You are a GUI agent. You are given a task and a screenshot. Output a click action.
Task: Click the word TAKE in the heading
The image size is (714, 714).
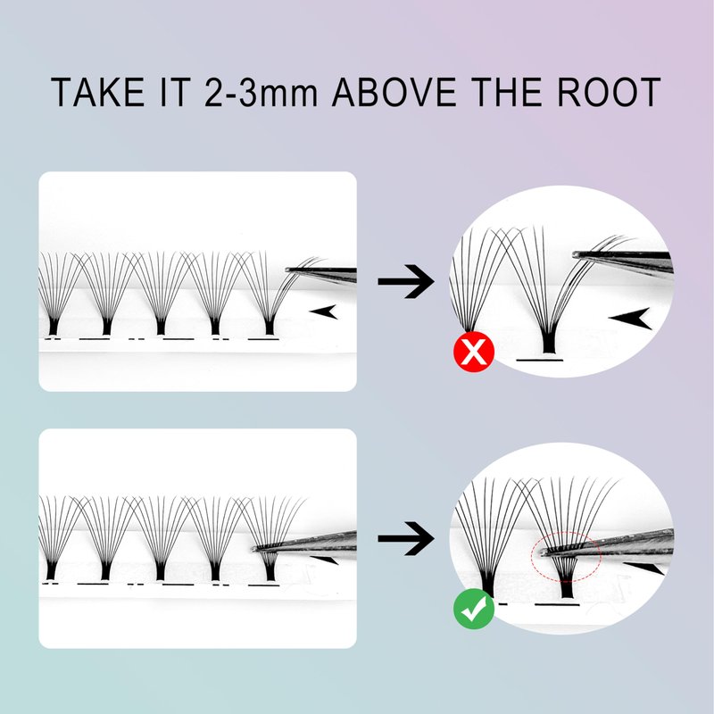click(x=97, y=92)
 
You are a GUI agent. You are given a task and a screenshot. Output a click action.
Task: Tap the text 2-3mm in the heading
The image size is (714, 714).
click(x=261, y=92)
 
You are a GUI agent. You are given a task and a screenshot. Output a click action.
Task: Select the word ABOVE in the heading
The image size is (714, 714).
click(x=394, y=92)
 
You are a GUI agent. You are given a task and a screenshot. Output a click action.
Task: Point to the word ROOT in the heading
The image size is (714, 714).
click(x=609, y=92)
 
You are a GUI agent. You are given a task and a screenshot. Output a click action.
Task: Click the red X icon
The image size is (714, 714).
click(x=474, y=352)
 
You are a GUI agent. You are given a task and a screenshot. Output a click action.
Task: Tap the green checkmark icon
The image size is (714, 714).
click(x=474, y=609)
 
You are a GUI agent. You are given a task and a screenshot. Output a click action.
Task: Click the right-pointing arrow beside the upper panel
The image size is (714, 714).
click(x=406, y=281)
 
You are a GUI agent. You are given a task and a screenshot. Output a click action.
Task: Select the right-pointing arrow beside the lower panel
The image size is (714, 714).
click(x=406, y=539)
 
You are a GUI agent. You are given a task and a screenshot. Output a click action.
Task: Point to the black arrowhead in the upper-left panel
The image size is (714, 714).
click(x=324, y=311)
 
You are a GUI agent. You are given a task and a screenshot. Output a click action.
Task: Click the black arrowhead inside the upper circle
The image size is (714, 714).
click(x=631, y=319)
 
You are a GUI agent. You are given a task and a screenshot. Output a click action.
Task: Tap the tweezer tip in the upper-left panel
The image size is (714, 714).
click(x=287, y=270)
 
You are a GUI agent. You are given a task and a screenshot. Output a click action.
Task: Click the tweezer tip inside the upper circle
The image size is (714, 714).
click(x=576, y=254)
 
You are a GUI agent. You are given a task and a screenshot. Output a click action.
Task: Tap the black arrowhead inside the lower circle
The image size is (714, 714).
click(x=643, y=568)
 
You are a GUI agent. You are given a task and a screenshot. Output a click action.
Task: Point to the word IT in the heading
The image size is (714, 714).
click(x=175, y=92)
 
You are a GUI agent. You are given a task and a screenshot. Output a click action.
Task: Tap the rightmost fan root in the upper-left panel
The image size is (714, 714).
click(x=270, y=326)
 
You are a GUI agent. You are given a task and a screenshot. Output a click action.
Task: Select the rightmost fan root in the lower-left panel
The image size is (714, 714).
click(x=270, y=571)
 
